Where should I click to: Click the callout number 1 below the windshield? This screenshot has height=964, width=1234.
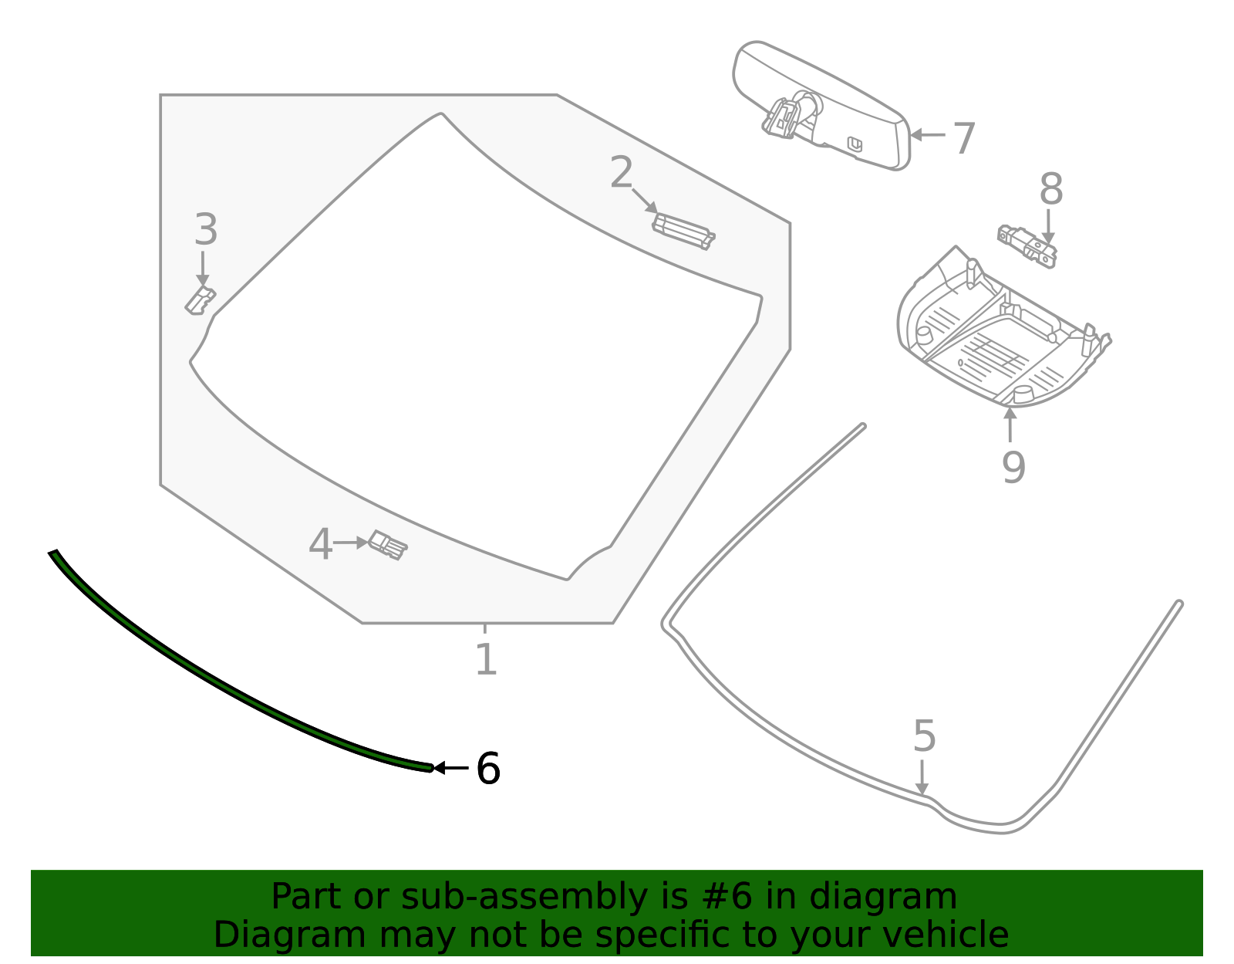[x=485, y=660]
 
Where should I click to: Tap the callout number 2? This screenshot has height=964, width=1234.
[x=621, y=173]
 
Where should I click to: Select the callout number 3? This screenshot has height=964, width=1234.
[x=205, y=230]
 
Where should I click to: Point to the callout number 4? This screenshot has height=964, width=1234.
[x=320, y=545]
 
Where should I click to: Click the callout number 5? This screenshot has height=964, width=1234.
[x=924, y=736]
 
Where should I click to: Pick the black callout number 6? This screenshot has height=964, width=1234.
[x=488, y=769]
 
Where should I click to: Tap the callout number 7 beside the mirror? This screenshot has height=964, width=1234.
[x=964, y=139]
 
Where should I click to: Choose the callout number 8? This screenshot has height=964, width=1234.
[x=1051, y=190]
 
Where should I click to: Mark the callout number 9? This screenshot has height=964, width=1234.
[x=1013, y=467]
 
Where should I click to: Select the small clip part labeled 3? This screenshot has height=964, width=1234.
[x=200, y=299]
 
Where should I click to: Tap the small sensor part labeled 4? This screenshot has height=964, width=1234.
[x=388, y=545]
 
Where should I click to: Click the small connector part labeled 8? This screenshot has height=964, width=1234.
[x=1028, y=245]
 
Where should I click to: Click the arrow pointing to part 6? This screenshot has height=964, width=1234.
[x=451, y=768]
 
